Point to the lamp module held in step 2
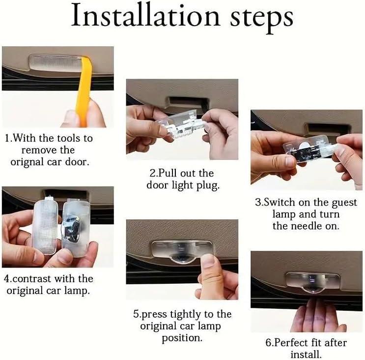coord(181,123)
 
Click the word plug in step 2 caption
coord(208,185)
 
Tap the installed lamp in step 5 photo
coord(181,250)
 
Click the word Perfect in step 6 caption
coord(292,342)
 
